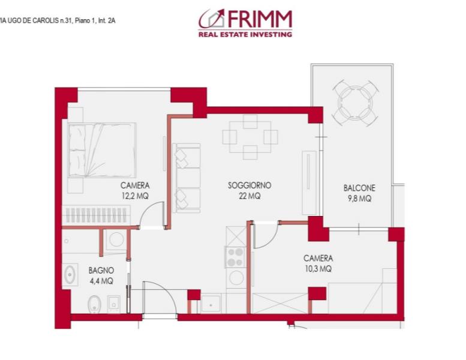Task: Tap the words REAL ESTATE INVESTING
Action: pyautogui.click(x=245, y=34)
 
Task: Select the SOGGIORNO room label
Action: pyautogui.click(x=249, y=185)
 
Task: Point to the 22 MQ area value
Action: pyautogui.click(x=249, y=196)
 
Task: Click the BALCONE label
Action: pyautogui.click(x=359, y=188)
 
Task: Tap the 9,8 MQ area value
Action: pyautogui.click(x=360, y=198)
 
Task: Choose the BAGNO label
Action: pyautogui.click(x=101, y=270)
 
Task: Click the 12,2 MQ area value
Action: pyautogui.click(x=135, y=196)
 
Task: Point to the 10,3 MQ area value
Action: pyautogui.click(x=318, y=269)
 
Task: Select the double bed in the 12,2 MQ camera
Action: pyautogui.click(x=101, y=150)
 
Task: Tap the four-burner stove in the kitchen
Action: pyautogui.click(x=235, y=257)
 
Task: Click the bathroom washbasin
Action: pyautogui.click(x=70, y=275)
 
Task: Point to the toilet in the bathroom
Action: pyautogui.click(x=95, y=304)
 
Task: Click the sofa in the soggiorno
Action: pyautogui.click(x=187, y=178)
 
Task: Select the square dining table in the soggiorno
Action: pyautogui.click(x=250, y=137)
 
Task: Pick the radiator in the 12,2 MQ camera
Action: pyautogui.click(x=96, y=215)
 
